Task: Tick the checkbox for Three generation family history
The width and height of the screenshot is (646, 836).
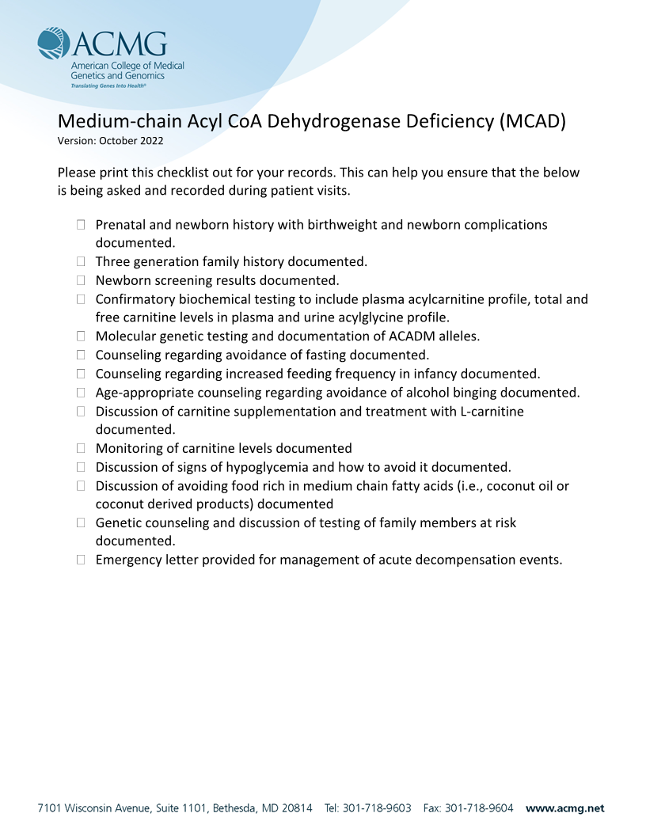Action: point(81,261)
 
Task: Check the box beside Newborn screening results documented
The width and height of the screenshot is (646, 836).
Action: point(81,280)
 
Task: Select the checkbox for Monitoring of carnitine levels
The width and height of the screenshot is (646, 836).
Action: point(81,448)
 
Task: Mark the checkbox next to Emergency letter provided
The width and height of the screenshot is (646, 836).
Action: point(81,560)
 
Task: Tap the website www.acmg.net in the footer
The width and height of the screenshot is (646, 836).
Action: point(564,808)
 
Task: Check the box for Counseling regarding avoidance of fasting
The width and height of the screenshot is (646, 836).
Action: point(81,355)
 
